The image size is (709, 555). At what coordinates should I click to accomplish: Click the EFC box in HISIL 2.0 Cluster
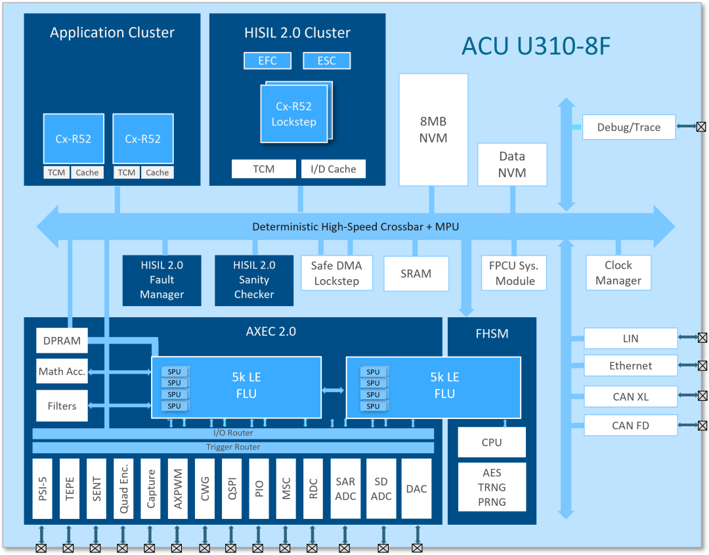coord(267,61)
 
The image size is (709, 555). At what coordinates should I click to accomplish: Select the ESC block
coord(326,61)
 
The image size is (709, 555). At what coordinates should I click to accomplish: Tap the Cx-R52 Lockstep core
coord(293,114)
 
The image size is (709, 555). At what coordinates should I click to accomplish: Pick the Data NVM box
coord(511,164)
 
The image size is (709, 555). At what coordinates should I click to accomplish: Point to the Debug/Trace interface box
coord(628,127)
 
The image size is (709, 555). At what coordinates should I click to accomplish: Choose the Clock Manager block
coord(618,273)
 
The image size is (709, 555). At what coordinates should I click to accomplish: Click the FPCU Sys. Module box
coord(513,273)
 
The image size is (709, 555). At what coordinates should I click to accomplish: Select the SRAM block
coord(416,273)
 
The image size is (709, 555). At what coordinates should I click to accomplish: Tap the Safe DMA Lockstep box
coord(336,273)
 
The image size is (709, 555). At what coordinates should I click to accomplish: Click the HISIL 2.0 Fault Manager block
coord(161,280)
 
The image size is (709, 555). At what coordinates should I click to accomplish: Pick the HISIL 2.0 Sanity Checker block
coord(254,280)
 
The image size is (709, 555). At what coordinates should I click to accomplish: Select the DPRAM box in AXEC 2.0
coord(62,341)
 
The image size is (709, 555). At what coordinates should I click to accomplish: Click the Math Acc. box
coord(62,372)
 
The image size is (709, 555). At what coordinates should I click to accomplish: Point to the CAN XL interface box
coord(630,397)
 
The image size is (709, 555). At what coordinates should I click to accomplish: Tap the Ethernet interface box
coord(630,366)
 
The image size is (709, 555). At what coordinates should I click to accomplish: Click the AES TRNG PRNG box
coord(492,487)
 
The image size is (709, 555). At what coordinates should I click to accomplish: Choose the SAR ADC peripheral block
coord(345,489)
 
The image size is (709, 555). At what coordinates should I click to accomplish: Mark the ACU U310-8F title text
coord(536,46)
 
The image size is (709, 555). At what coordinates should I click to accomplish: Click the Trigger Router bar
coord(233,447)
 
